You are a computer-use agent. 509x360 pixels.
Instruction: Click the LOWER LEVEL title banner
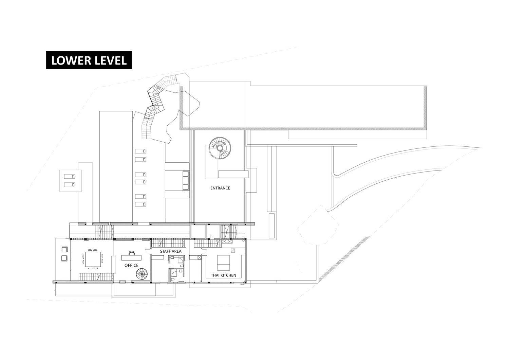(x=89, y=60)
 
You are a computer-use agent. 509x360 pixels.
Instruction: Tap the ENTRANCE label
(x=220, y=188)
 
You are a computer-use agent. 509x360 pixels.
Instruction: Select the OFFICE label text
(x=131, y=265)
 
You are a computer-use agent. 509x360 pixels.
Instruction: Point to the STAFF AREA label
(x=171, y=251)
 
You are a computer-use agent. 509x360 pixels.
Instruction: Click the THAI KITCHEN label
(x=223, y=275)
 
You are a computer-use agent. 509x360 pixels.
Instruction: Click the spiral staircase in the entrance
(x=220, y=148)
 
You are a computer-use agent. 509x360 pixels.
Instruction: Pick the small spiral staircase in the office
(x=142, y=274)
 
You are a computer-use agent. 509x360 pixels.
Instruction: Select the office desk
(x=131, y=258)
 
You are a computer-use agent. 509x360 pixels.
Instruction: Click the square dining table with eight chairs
(x=93, y=259)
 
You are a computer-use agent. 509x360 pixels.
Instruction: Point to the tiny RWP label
(x=242, y=284)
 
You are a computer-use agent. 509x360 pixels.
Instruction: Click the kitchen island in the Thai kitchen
(x=223, y=263)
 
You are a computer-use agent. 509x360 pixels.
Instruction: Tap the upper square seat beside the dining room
(x=64, y=250)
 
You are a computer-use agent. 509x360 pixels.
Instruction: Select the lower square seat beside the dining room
(x=64, y=258)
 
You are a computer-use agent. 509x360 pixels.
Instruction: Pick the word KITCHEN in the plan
(x=229, y=275)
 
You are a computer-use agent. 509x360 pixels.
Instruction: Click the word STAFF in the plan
(x=165, y=251)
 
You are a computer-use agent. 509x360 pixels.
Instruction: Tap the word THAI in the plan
(x=215, y=275)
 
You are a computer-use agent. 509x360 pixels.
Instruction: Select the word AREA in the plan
(x=177, y=251)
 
